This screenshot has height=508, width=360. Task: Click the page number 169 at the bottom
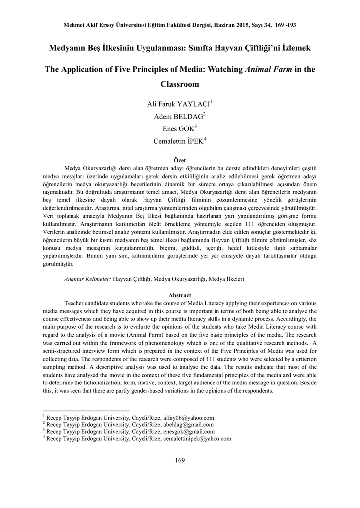tap(180, 460)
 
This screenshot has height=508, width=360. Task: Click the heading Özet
tap(180, 160)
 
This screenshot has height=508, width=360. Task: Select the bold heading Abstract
tap(180, 295)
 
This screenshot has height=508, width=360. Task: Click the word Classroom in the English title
tap(180, 85)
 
